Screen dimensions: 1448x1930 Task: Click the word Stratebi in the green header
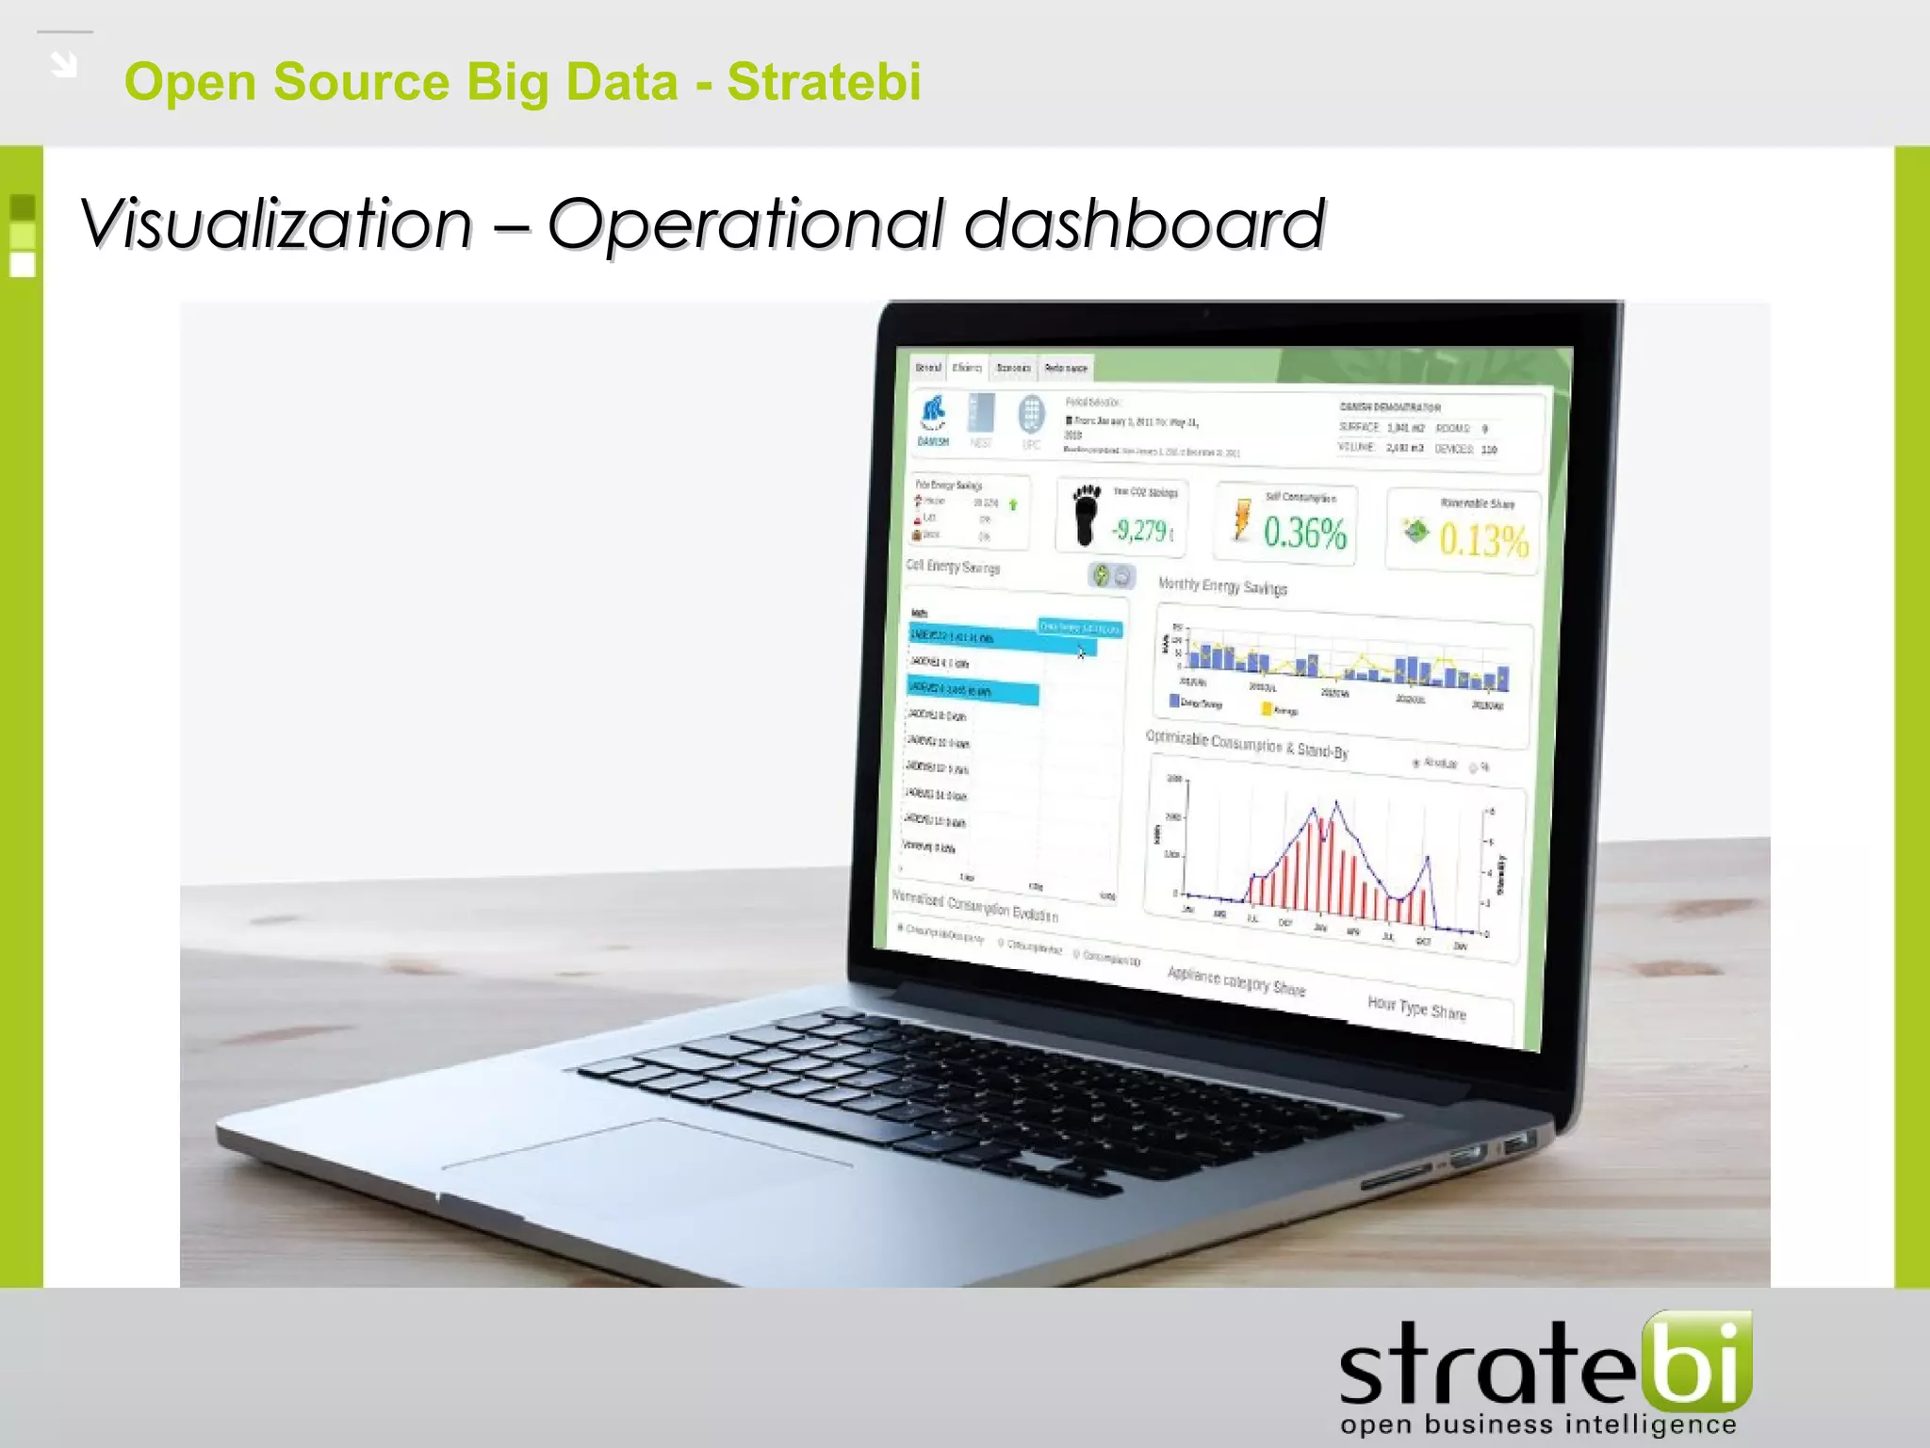824,81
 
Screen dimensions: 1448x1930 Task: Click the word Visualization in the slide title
276,224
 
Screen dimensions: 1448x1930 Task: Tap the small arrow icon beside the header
64,64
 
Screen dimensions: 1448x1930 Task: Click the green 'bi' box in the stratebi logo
1697,1358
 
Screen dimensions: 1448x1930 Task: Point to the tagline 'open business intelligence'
1538,1424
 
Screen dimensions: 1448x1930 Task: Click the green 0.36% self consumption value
1304,533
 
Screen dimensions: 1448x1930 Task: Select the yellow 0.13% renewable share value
1482,540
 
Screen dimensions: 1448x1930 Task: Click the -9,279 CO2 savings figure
1141,531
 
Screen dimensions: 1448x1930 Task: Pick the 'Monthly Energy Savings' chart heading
1222,586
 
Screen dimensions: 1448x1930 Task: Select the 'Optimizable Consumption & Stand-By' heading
1247,744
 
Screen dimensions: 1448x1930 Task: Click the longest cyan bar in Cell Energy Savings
999,639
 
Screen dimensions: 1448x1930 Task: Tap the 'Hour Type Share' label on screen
1416,1008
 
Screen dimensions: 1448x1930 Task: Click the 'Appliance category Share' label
1235,980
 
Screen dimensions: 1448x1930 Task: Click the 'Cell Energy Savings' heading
953,567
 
